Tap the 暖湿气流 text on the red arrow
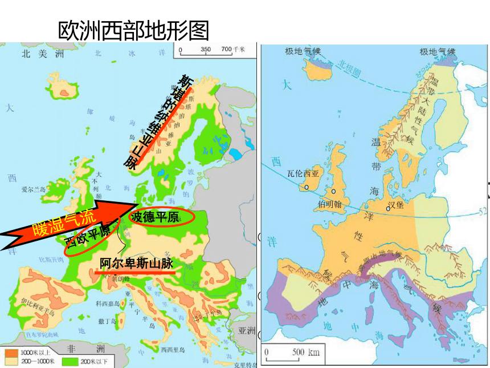tap(56, 224)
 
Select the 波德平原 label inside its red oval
tap(155, 217)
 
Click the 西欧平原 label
tap(88, 234)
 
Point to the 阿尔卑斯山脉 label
tap(136, 263)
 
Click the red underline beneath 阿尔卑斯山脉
tap(136, 272)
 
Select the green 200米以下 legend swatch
tap(68, 361)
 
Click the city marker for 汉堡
tap(389, 208)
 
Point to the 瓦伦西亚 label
tap(303, 173)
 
